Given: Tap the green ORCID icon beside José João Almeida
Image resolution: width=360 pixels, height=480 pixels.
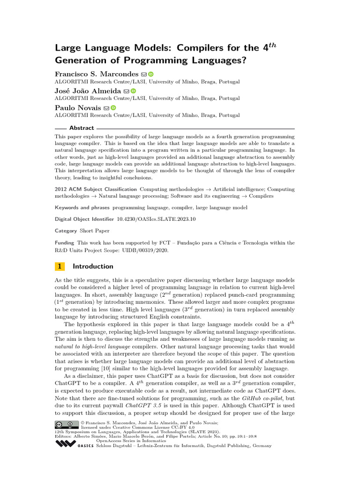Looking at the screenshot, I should pyautogui.click(x=134, y=91).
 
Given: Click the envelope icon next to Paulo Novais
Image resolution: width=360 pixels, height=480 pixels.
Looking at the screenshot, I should pyautogui.click(x=106, y=108).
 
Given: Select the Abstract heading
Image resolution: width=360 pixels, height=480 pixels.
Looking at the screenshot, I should pyautogui.click(x=82, y=128).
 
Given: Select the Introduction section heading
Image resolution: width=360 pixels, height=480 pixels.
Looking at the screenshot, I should pyautogui.click(x=93, y=266).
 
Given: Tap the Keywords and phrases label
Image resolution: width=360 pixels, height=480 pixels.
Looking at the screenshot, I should pyautogui.click(x=82, y=207).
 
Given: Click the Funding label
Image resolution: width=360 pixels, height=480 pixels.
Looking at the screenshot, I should pyautogui.click(x=65, y=243).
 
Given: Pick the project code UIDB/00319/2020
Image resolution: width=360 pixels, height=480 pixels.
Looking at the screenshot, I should pyautogui.click(x=147, y=250).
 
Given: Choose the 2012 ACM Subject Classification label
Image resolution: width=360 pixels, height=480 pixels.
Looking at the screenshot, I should pyautogui.click(x=96, y=189).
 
